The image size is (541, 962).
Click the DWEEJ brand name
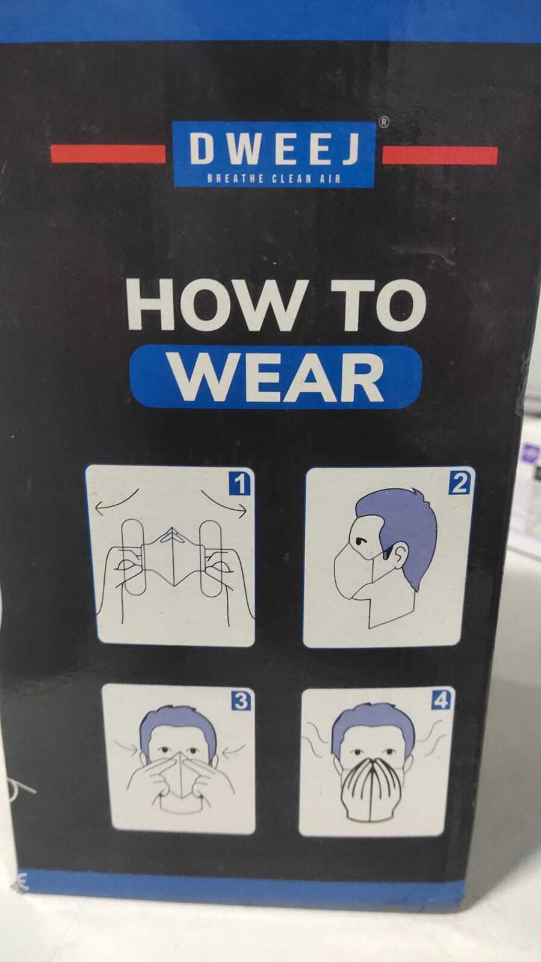coord(274,149)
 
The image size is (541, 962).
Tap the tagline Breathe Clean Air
coord(274,179)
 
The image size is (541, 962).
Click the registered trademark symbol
coord(384,122)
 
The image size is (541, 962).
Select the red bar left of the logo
coord(108,153)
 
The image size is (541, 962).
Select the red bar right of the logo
coord(439,155)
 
